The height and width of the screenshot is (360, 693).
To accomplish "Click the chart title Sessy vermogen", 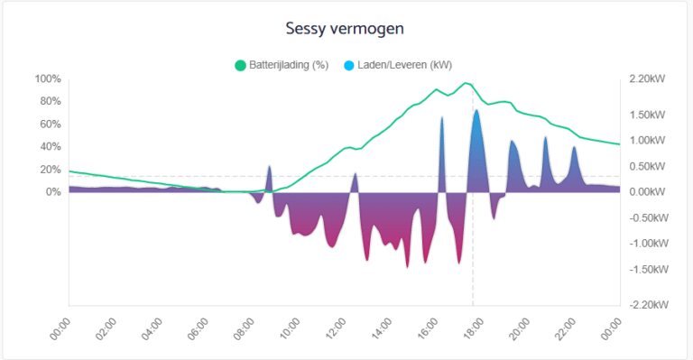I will tap(346, 28).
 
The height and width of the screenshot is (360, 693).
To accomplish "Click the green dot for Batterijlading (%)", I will tap(240, 65).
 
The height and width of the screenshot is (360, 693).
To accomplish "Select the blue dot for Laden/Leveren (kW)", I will tap(348, 65).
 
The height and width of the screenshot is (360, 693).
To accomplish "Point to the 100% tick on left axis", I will tap(47, 78).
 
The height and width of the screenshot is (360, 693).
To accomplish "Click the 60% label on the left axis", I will tap(50, 124).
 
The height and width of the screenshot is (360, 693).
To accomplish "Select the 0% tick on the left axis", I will tap(52, 191).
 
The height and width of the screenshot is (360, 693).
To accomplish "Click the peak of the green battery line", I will tap(467, 83).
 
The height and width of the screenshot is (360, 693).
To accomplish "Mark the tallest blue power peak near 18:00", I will tap(476, 110).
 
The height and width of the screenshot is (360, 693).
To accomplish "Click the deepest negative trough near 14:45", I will tap(407, 267).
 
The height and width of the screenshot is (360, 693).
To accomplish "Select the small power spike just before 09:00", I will tap(269, 166).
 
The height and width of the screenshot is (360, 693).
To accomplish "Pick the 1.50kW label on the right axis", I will tap(646, 115).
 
